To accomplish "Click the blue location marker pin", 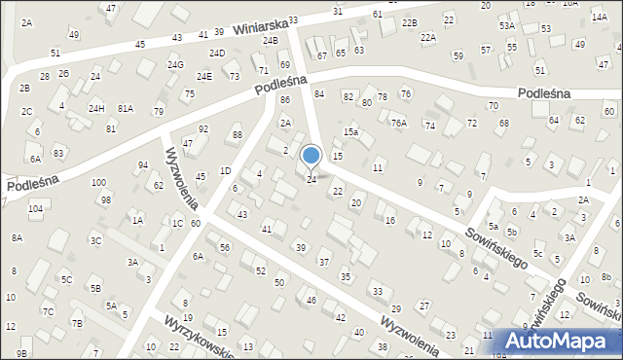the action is tap(311, 156).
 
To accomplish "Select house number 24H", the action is tap(96, 108).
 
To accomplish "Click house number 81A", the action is tap(126, 108).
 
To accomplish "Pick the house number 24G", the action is tap(175, 65).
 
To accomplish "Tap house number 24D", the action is tap(217, 54).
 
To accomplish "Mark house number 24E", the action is tap(203, 76).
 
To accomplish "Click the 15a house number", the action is tap(350, 131).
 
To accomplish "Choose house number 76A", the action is tap(399, 123).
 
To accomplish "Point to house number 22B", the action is tap(410, 22).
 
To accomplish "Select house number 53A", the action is tap(507, 26).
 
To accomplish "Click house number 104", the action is tap(35, 209).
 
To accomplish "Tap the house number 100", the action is tap(98, 183).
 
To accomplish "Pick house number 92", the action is tap(202, 129).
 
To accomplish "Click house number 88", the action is tap(237, 135).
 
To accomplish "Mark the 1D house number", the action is tap(225, 171).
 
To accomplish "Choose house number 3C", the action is tap(95, 240).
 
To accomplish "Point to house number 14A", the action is tap(600, 44).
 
